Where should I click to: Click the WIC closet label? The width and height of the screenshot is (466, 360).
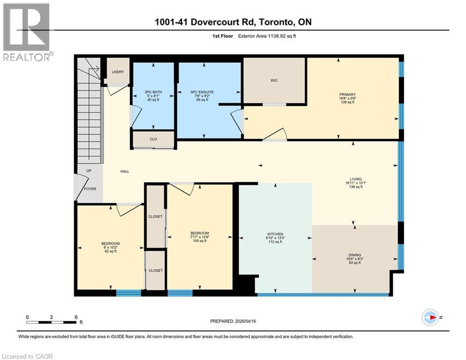pos(274,81)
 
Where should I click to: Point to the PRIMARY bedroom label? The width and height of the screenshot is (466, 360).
pos(348,95)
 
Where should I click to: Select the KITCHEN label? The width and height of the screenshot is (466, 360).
pos(275,234)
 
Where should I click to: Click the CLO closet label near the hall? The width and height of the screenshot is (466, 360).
pos(153,139)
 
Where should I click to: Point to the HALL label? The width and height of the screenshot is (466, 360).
pos(125,172)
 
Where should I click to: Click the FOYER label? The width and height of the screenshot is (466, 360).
pos(90,189)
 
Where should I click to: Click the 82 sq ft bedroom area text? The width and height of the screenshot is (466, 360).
pos(111,252)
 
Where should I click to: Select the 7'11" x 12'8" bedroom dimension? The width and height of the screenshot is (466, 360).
pos(200,237)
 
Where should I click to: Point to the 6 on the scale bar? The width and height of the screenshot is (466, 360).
pos(75,317)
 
